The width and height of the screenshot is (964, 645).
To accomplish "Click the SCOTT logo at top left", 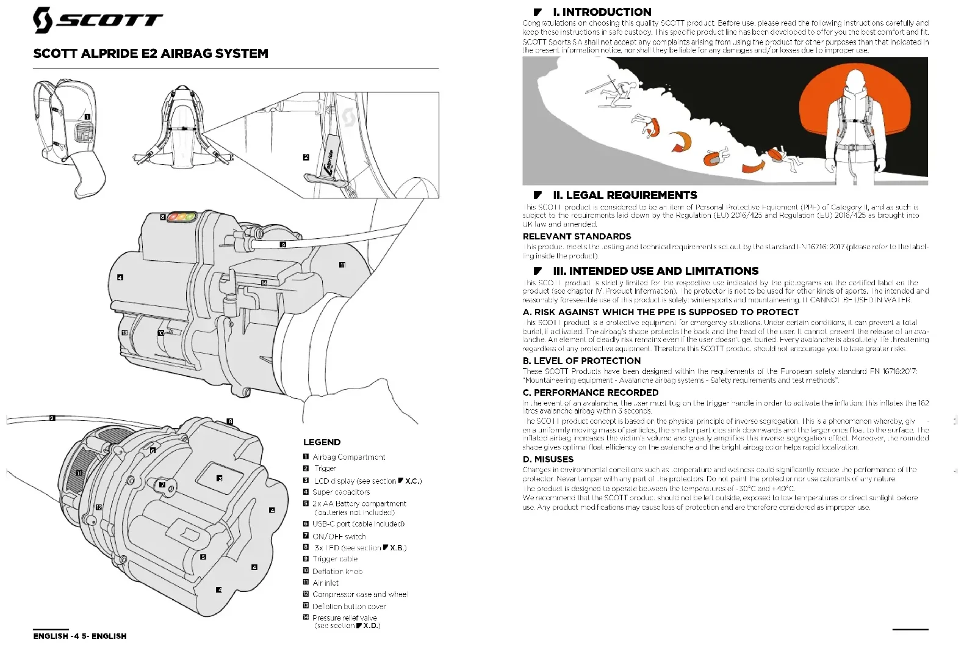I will pos(98,20).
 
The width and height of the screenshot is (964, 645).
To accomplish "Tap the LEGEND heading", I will pos(322,442).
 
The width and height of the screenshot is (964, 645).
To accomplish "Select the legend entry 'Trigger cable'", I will pos(335,559).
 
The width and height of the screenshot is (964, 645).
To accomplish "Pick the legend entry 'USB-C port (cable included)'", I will pos(358,524).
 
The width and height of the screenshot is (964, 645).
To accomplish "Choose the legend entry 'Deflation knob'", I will pos(337,571).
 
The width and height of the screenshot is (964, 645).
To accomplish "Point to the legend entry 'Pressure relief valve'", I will pos(345,618).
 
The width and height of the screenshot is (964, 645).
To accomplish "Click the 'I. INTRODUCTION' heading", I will pos(602,12).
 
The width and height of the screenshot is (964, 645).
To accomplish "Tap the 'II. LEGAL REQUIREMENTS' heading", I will pos(625,195).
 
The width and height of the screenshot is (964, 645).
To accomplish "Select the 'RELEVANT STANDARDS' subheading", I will pos(577,236).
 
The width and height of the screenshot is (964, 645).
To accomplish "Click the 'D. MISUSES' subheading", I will pos(548,459).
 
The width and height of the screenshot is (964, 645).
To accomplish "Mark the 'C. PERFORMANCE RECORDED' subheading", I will pos(590,392).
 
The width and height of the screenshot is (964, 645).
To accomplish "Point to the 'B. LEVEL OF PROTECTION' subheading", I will pos(581,361).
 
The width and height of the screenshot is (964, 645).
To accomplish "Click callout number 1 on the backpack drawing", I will pos(87,117).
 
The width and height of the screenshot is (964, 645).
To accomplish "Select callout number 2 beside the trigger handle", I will pos(306,157).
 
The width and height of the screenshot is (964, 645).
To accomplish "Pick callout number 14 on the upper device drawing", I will pos(264,283).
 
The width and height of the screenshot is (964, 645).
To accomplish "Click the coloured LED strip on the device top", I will pos(182,216).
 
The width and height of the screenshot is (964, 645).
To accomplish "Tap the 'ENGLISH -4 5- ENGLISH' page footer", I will pos(80,636).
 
